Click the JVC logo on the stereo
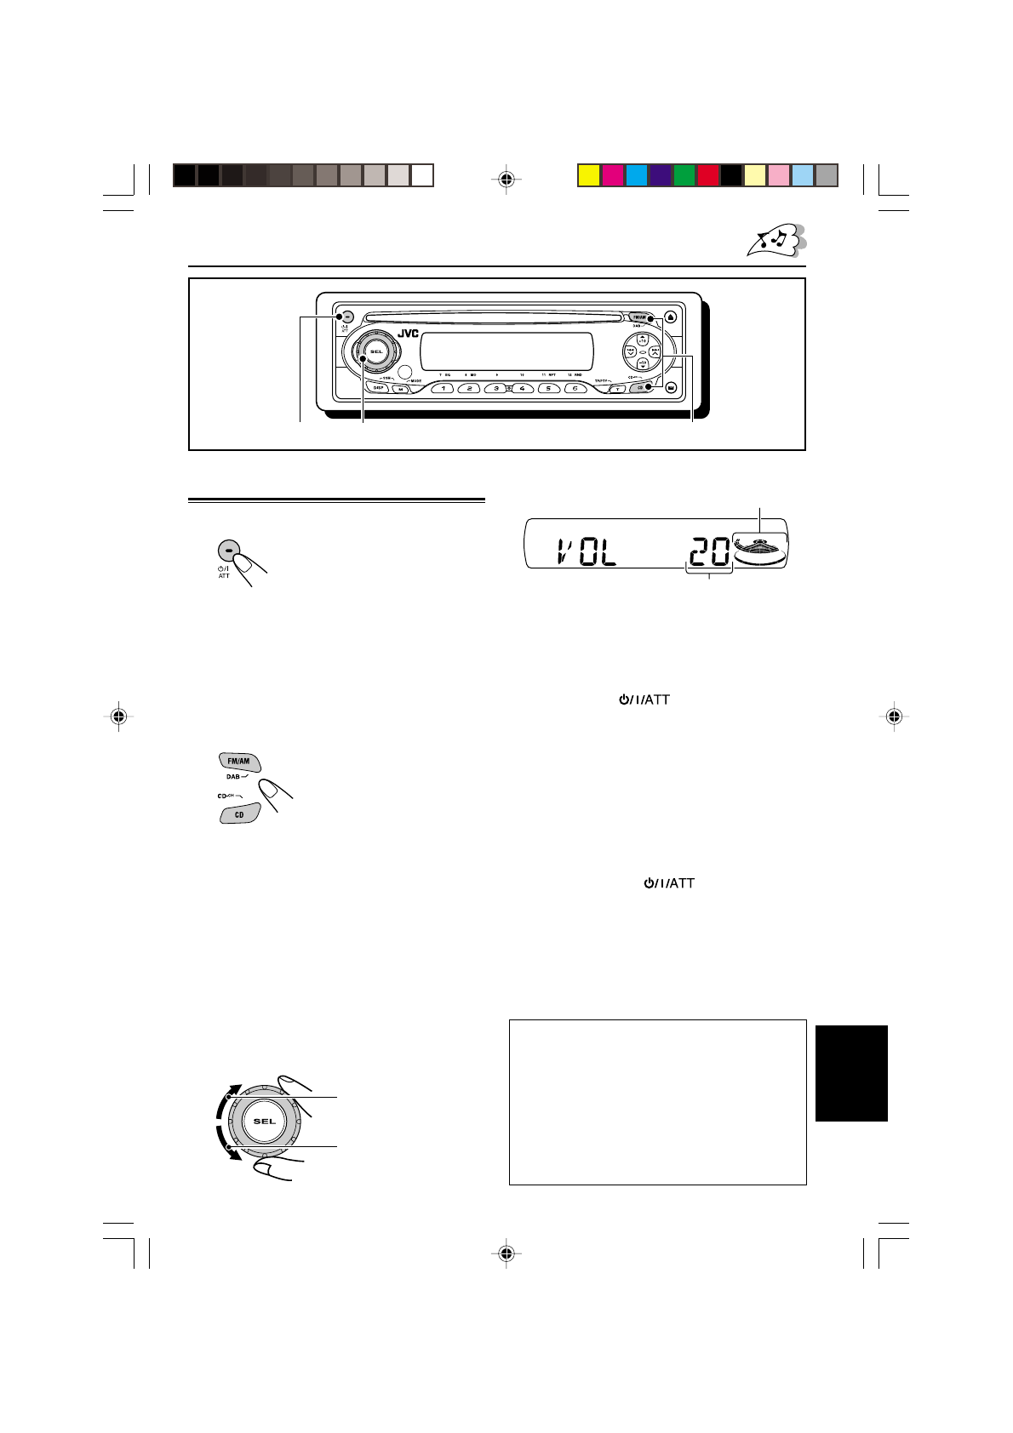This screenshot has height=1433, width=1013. pyautogui.click(x=407, y=334)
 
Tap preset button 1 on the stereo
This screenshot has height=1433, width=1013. pyautogui.click(x=443, y=388)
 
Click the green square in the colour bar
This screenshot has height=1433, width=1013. pyautogui.click(x=684, y=175)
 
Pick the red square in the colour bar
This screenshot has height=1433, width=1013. pyautogui.click(x=707, y=175)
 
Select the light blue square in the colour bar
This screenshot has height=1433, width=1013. pyautogui.click(x=803, y=175)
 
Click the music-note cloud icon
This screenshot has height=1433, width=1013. pyautogui.click(x=775, y=241)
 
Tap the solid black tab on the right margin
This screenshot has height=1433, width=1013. pyautogui.click(x=851, y=1073)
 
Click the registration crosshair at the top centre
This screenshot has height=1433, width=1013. pyautogui.click(x=506, y=179)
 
